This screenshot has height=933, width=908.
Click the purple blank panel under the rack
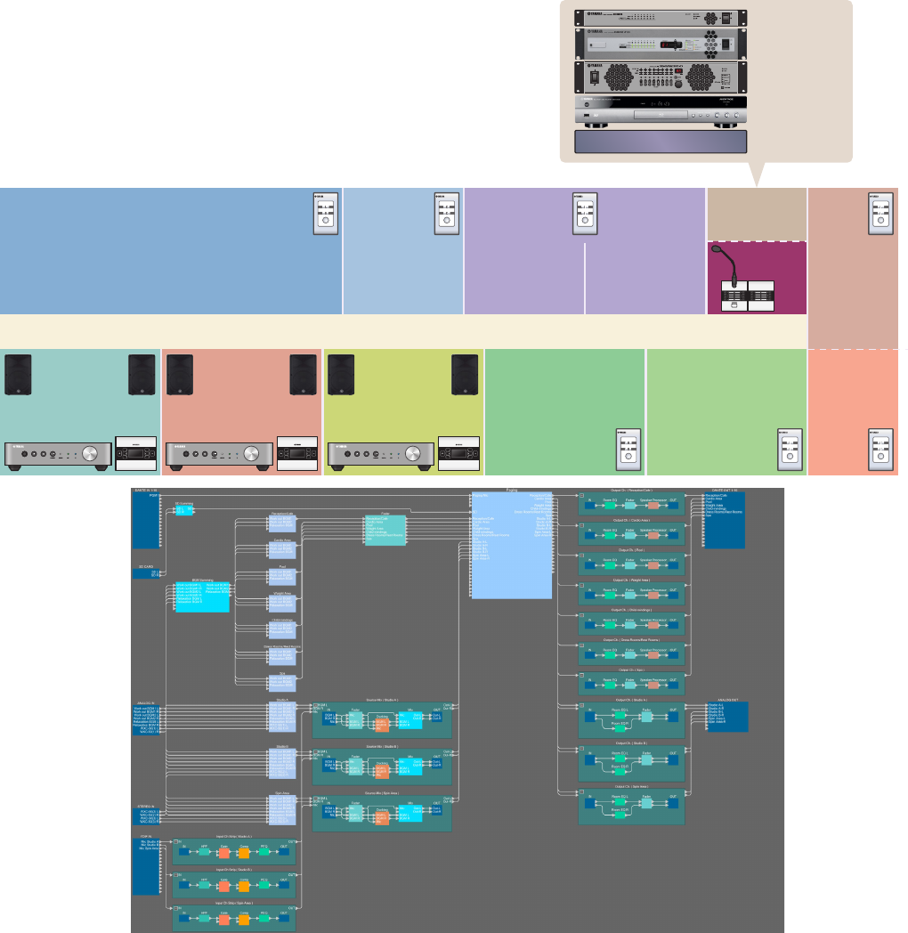(x=661, y=142)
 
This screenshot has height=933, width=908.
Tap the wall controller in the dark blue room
(x=326, y=214)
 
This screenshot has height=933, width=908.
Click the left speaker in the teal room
(x=18, y=375)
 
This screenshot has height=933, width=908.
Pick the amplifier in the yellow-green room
(x=381, y=454)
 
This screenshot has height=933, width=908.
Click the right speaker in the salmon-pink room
(x=303, y=375)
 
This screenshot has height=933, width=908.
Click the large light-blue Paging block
(x=511, y=543)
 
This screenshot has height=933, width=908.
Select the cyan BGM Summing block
(x=202, y=596)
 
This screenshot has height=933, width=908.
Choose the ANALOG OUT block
(x=726, y=717)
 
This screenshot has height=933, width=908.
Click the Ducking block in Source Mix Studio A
(x=382, y=722)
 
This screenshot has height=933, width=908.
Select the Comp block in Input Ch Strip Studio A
(x=244, y=852)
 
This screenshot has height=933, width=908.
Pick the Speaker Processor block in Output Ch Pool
(x=653, y=565)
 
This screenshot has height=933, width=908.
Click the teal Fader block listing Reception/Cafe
(x=385, y=531)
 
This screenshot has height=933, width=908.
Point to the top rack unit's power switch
(x=726, y=18)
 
